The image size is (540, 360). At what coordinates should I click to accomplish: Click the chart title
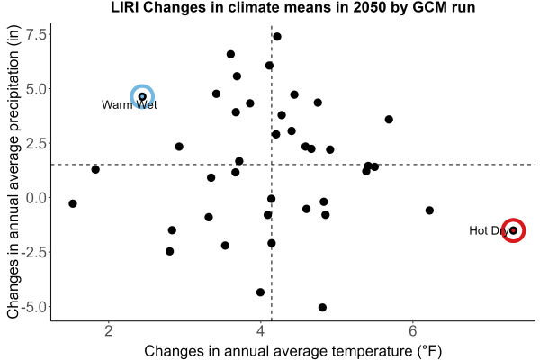(293, 7)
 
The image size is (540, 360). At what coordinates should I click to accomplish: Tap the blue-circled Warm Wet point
(142, 97)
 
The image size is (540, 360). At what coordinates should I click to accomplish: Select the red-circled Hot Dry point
(514, 230)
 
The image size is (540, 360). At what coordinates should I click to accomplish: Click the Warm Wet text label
(129, 104)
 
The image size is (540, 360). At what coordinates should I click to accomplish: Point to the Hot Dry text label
(489, 230)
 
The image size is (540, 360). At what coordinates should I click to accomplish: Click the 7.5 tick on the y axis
(36, 34)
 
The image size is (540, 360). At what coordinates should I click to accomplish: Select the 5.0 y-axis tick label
(36, 89)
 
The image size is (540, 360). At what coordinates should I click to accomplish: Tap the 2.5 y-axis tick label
(36, 143)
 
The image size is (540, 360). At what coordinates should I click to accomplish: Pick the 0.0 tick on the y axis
(36, 198)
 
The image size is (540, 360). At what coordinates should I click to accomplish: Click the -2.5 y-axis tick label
(33, 252)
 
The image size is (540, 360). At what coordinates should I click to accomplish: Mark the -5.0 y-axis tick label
(33, 307)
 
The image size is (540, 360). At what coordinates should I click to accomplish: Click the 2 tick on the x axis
(109, 331)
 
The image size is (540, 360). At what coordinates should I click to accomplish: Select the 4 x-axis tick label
(261, 331)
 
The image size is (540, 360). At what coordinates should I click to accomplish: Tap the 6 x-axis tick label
(412, 331)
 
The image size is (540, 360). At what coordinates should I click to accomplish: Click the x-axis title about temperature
(293, 351)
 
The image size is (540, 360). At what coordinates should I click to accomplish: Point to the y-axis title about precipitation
(13, 172)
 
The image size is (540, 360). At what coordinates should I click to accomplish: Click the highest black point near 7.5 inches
(277, 37)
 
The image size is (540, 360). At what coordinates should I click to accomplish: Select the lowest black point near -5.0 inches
(322, 307)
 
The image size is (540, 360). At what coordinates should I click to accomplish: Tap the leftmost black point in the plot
(73, 203)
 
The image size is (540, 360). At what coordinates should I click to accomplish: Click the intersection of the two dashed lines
(272, 165)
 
